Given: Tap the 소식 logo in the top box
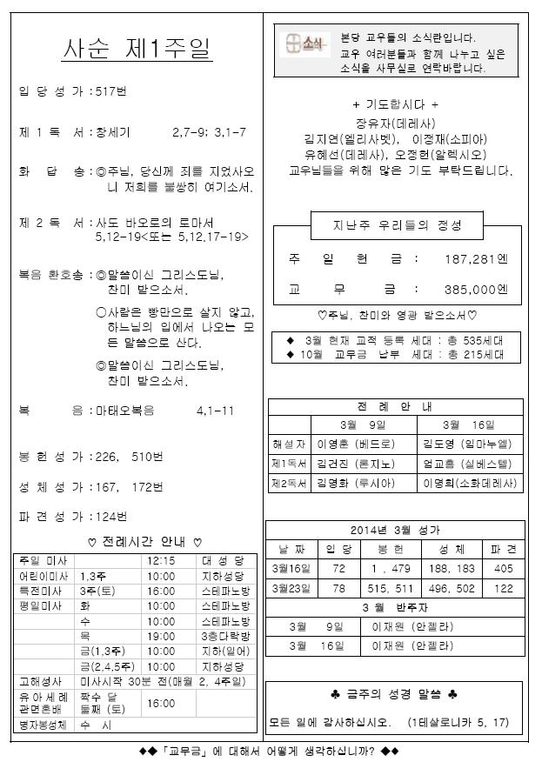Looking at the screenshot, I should click(306, 42).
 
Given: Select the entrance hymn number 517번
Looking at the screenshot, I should click(111, 90).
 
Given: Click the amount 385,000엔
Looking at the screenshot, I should click(475, 289).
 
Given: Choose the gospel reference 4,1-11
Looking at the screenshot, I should click(215, 411).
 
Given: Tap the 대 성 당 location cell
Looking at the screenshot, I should click(224, 561).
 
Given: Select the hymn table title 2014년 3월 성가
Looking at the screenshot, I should click(395, 530).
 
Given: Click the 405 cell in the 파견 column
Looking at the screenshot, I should click(504, 568).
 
